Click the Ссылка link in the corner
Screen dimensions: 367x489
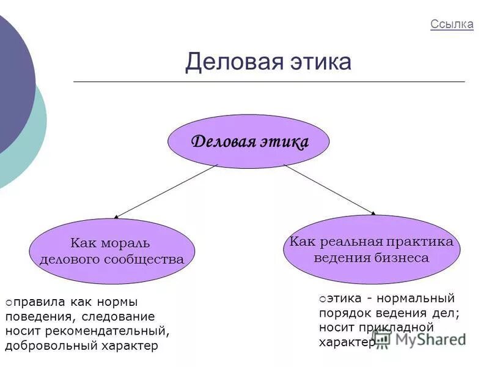coord(452,24)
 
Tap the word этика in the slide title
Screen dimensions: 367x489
coord(320,62)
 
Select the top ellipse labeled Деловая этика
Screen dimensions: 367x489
coord(249,142)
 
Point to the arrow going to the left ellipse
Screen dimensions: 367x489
coord(166,191)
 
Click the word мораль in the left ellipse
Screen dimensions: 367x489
coord(128,243)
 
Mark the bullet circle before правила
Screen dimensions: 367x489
coord(9,302)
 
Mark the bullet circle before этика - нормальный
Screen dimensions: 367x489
coord(322,299)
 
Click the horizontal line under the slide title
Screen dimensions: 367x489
coord(269,81)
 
